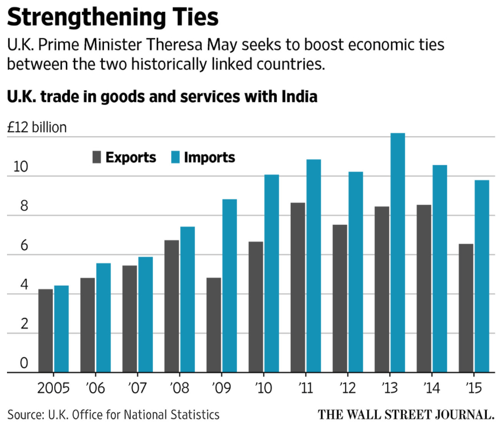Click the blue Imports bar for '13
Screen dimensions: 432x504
(x=397, y=253)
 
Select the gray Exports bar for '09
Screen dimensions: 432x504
(x=214, y=325)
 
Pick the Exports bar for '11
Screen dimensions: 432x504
(x=298, y=287)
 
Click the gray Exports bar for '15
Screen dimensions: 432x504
(x=466, y=308)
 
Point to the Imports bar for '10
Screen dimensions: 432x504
(x=271, y=273)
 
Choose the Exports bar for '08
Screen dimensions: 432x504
(x=172, y=306)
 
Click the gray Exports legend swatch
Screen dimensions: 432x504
(x=97, y=158)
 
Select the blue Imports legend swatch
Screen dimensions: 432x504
(x=176, y=158)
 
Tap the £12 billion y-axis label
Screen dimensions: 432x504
(x=37, y=128)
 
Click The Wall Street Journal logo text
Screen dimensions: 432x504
(x=406, y=415)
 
